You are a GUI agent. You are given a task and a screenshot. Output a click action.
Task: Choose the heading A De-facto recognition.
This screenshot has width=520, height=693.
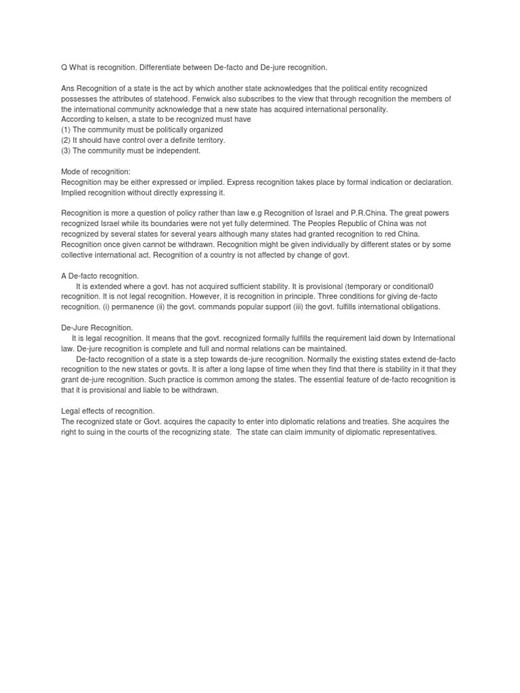click(100, 276)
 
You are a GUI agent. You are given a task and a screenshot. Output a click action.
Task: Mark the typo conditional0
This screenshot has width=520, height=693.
click(418, 286)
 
